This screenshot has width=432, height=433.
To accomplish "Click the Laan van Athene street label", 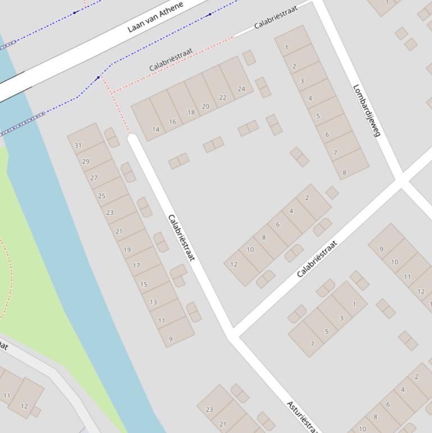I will point(155,17).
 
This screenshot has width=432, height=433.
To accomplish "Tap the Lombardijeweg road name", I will point(367,110).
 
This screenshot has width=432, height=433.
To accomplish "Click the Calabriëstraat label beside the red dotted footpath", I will point(171,59).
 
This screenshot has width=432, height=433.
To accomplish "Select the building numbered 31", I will point(78,145).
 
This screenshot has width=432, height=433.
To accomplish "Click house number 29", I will point(86,161).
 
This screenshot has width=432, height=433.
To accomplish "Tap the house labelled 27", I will point(94,178).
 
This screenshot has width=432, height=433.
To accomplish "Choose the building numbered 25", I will point(102,196).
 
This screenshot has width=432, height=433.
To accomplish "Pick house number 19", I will point(127,250).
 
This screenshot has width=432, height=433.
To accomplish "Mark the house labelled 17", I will point(137,265).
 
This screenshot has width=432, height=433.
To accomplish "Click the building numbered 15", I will point(144,285).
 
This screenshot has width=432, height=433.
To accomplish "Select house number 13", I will point(153,302).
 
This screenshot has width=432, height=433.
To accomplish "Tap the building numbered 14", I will point(156,129).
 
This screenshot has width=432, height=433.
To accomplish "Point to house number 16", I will point(172,121).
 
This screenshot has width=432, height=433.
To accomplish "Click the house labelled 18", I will point(191,112).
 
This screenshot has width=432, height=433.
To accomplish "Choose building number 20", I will point(206,106).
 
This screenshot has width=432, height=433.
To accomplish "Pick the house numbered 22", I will point(222,97).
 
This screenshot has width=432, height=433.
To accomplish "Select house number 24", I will point(241,89).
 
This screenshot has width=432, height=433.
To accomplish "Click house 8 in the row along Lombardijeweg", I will point(344,173).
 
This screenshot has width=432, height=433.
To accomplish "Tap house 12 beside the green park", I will point(24,406).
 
